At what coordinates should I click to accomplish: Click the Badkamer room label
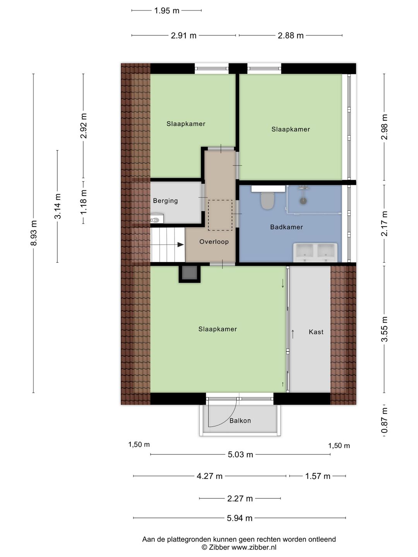click(x=286, y=227)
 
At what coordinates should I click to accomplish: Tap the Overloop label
click(x=214, y=242)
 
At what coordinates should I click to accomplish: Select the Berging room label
click(x=165, y=201)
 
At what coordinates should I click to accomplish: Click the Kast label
click(x=316, y=332)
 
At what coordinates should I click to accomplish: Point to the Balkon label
click(x=240, y=421)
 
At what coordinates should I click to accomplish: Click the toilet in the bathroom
click(x=267, y=200)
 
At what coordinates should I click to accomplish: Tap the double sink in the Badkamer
click(x=315, y=252)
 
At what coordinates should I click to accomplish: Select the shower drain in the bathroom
click(x=303, y=201)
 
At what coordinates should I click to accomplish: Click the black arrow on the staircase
click(x=180, y=244)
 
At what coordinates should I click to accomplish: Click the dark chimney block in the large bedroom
click(x=190, y=273)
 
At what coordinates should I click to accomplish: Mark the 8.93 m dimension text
click(x=34, y=233)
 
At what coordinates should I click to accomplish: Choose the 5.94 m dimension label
click(x=240, y=518)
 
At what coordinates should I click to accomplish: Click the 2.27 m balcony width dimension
click(x=240, y=499)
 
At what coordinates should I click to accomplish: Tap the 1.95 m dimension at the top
click(x=167, y=11)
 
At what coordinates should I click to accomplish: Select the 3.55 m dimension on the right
click(x=384, y=329)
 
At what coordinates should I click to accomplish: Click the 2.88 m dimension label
click(x=291, y=36)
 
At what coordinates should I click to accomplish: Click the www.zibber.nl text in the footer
click(x=254, y=547)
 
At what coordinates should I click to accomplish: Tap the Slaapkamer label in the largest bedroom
click(x=218, y=329)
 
